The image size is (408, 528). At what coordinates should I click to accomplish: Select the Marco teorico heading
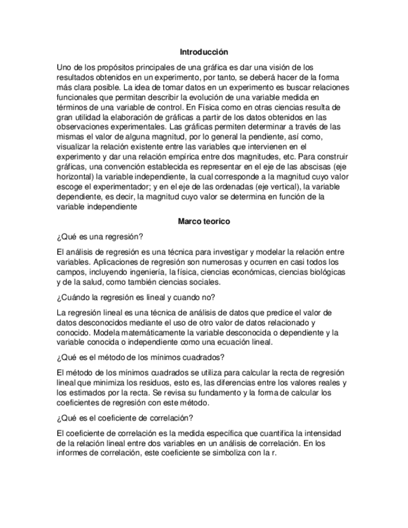point(204,221)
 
